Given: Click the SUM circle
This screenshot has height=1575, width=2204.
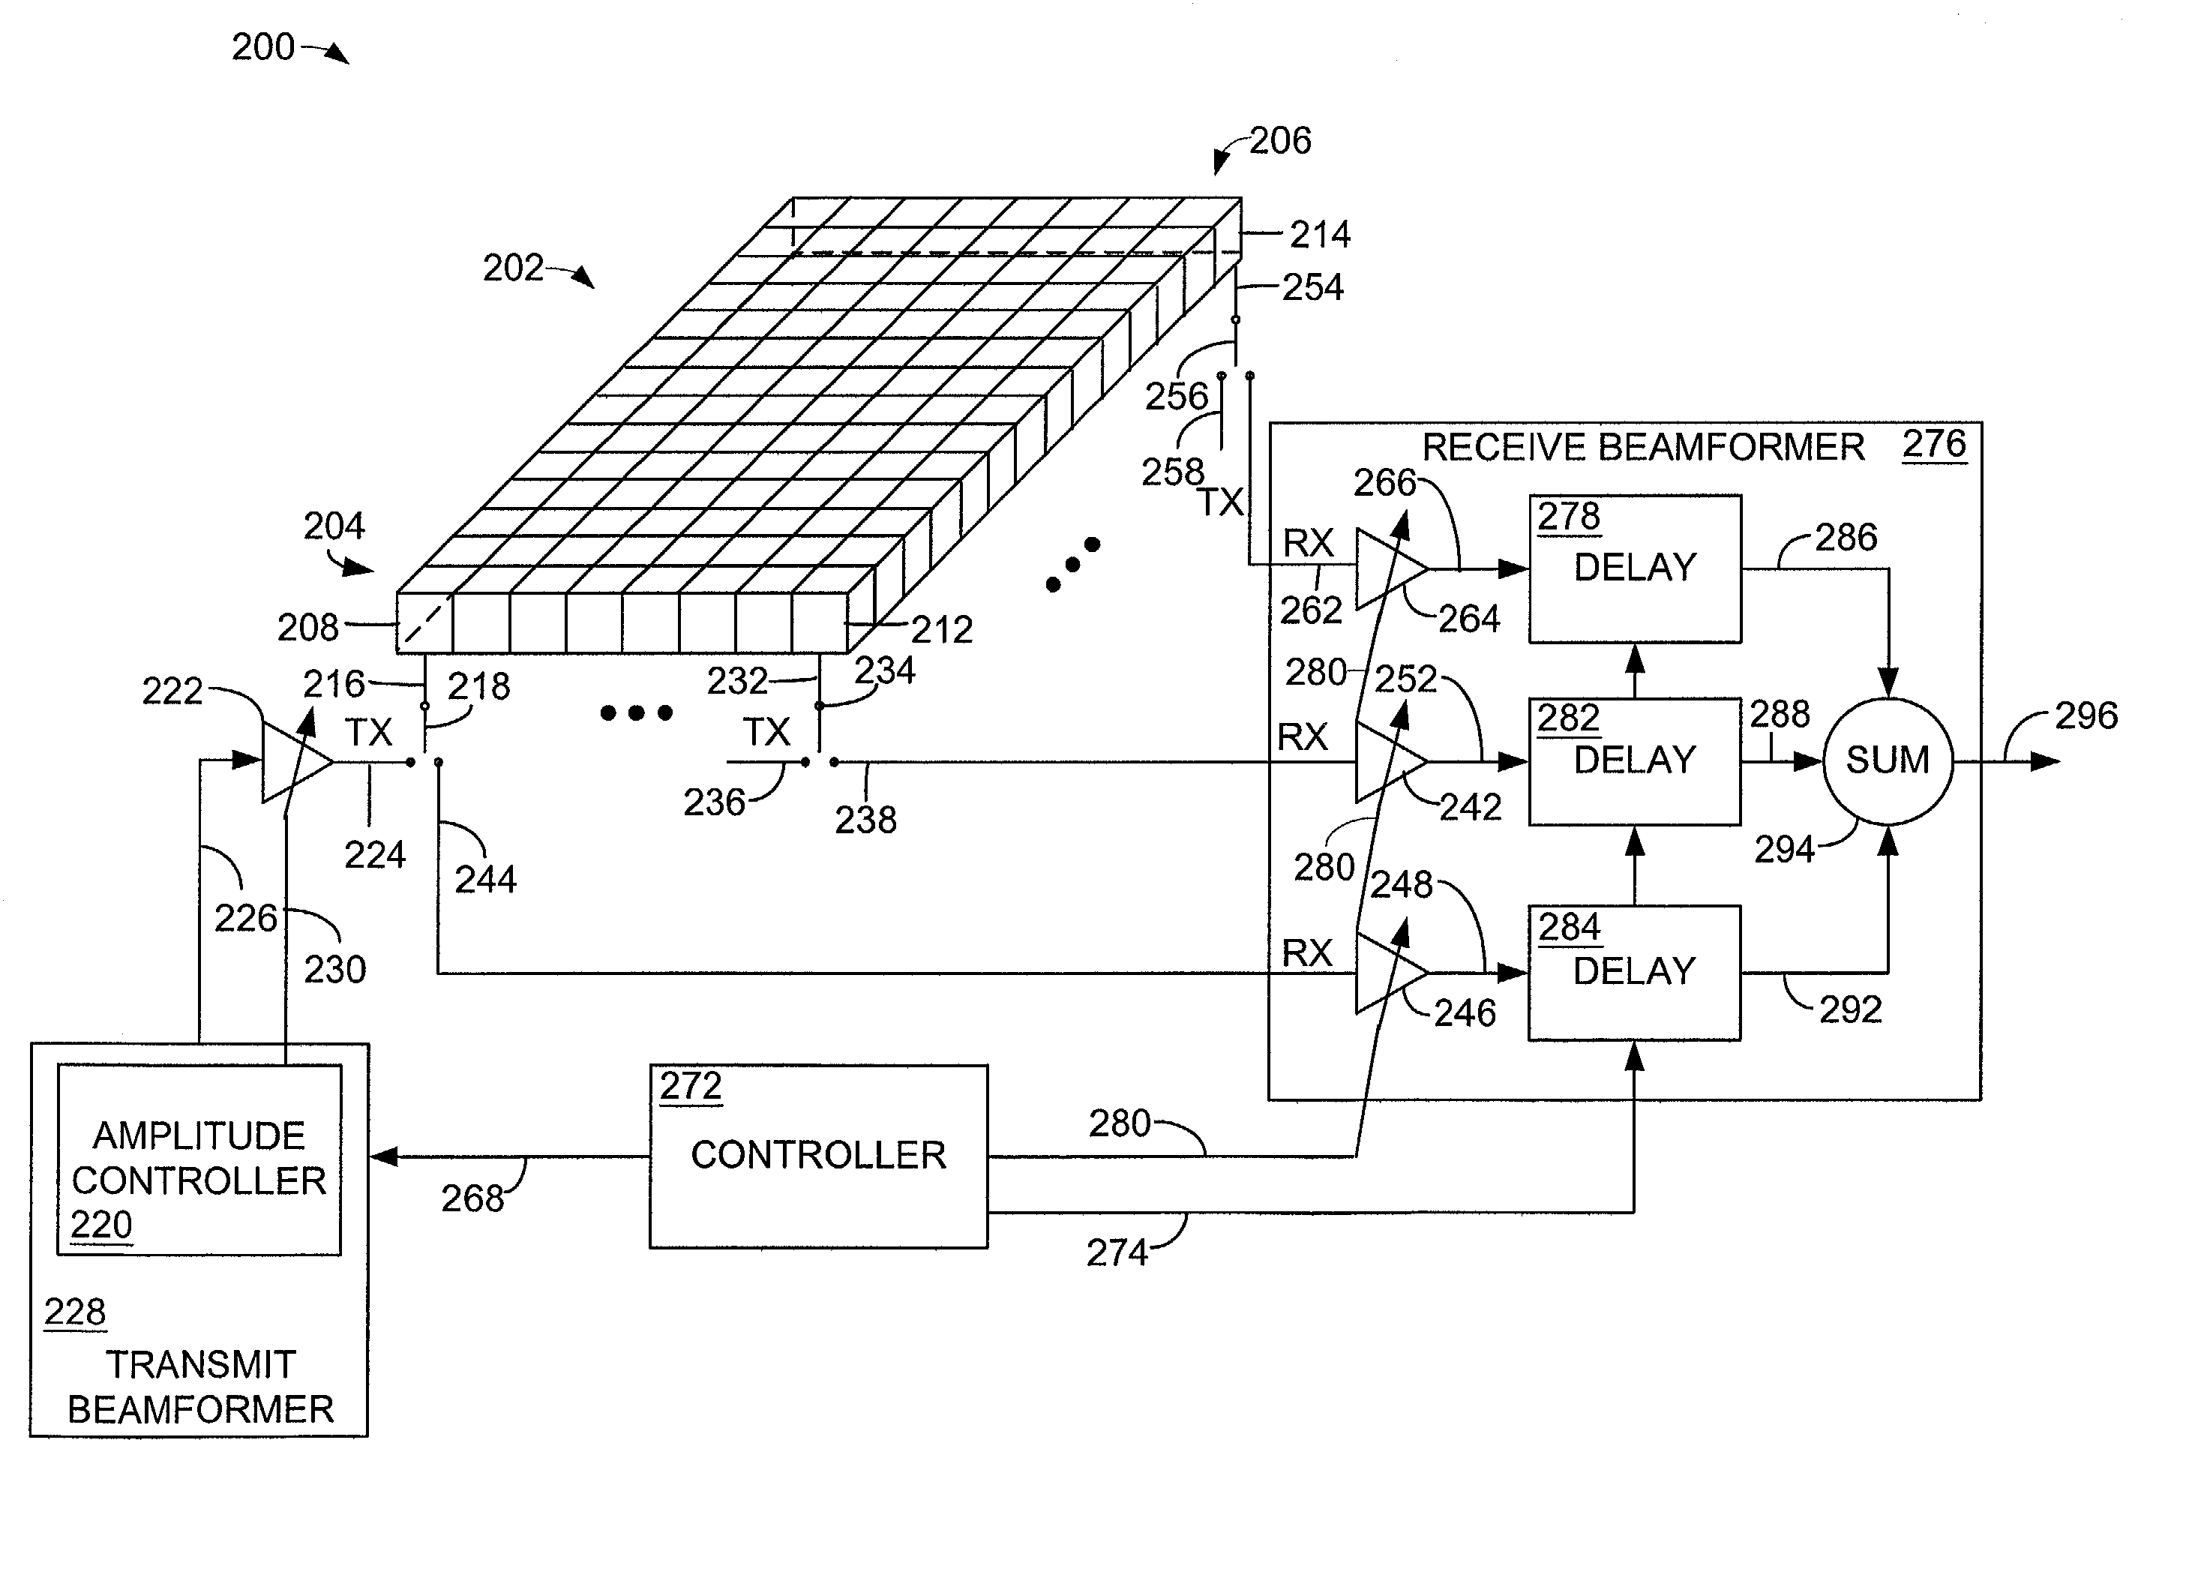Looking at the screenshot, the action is [x=1887, y=761].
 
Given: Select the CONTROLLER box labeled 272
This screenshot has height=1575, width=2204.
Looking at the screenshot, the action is [x=818, y=1156].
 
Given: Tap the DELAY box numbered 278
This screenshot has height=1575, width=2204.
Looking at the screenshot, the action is [x=1635, y=568].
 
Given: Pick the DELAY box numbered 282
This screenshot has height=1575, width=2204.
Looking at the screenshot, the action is [x=1635, y=761].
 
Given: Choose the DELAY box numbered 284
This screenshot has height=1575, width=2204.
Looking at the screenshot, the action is [x=1635, y=973].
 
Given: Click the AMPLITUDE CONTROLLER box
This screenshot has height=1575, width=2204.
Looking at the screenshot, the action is [x=199, y=1160].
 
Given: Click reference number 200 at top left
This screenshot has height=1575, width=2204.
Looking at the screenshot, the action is [x=262, y=46].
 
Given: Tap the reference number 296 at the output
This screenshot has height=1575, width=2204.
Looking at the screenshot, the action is [x=2087, y=715].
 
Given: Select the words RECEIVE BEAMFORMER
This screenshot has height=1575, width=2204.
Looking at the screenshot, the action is [x=1642, y=447].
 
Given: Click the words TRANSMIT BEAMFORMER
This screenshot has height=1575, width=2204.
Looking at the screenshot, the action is [x=201, y=1387].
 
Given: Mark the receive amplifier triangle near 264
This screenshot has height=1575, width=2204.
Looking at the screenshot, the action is [x=1391, y=569].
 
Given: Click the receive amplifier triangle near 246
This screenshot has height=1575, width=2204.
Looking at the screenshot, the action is [x=1391, y=973].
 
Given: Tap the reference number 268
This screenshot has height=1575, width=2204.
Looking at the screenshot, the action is [x=472, y=1198].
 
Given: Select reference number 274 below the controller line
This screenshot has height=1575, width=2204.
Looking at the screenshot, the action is [x=1117, y=1253].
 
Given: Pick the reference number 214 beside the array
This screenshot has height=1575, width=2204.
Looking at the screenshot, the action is [x=1320, y=234].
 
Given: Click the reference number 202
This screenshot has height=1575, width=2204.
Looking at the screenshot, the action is [x=513, y=268].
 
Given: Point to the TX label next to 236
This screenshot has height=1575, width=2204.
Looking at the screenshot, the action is [x=766, y=732].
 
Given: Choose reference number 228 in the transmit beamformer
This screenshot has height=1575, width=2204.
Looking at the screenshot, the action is [x=75, y=1312].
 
